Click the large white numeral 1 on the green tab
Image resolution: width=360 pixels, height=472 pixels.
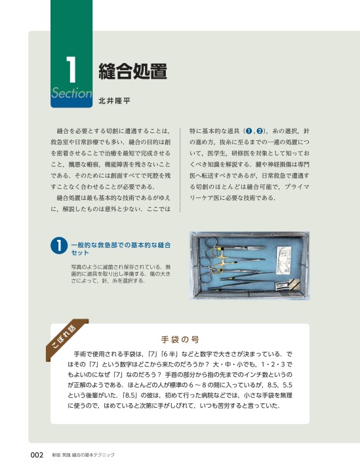click(x=71, y=69)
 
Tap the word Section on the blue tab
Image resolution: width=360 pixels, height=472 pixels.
click(x=71, y=93)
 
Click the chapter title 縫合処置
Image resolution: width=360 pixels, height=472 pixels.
click(x=132, y=71)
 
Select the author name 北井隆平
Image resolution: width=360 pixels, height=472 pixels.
click(x=114, y=101)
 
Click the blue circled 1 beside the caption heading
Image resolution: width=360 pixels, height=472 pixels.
click(x=59, y=245)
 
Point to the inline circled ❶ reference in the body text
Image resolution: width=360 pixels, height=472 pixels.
click(x=249, y=131)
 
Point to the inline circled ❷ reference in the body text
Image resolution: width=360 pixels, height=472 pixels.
click(x=260, y=131)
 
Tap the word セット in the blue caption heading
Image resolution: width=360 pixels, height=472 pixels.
click(x=80, y=253)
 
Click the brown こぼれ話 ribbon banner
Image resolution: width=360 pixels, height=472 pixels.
click(x=66, y=340)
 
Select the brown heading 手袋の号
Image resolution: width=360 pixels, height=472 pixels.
click(x=180, y=340)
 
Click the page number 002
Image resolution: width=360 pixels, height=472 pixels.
click(x=37, y=455)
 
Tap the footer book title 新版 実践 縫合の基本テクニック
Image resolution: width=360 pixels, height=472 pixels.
click(x=83, y=455)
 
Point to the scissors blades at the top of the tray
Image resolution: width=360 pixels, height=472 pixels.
click(x=254, y=247)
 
